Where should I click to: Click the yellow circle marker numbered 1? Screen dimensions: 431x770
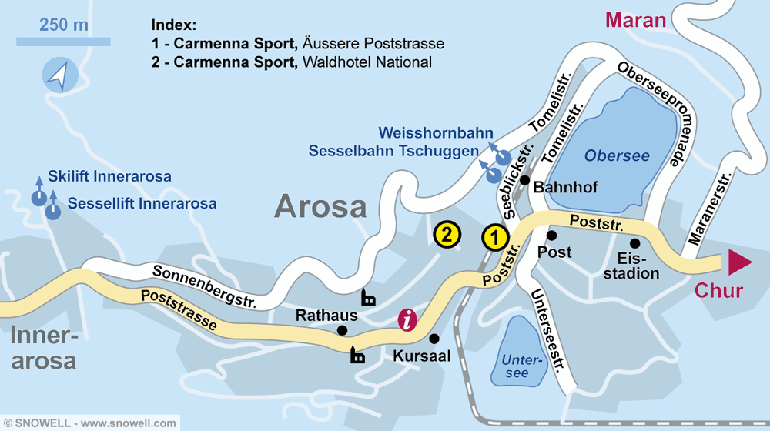click(495, 238)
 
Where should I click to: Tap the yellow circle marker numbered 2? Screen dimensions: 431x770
click(447, 234)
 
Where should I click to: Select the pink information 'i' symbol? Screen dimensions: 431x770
click(408, 319)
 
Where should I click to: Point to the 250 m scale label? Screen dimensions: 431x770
click(64, 25)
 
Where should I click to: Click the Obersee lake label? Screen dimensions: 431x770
click(617, 156)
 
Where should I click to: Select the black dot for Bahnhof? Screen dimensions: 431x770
click(524, 180)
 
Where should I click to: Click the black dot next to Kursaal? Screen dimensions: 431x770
click(434, 338)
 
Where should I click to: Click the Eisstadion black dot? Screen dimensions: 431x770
click(634, 243)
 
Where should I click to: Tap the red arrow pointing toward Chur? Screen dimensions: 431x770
click(739, 262)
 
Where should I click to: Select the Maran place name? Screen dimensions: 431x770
click(635, 20)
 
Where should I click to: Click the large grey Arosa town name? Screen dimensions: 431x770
click(320, 206)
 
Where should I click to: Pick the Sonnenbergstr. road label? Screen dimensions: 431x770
click(204, 286)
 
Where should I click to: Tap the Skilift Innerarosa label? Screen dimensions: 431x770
click(109, 177)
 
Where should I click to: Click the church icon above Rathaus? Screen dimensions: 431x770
click(369, 298)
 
